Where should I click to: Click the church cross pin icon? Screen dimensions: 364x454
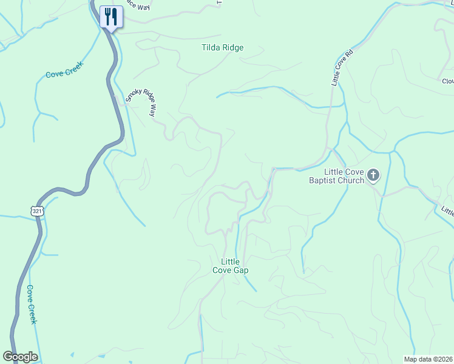click(x=373, y=177)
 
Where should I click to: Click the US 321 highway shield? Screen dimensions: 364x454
click(x=38, y=211)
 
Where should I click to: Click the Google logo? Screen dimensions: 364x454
click(x=20, y=357)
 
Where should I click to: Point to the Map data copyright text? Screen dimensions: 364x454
click(x=428, y=359)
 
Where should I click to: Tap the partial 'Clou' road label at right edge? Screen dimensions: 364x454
click(x=448, y=81)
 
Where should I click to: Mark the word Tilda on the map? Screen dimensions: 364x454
click(x=212, y=47)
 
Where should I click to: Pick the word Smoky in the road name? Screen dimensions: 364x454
click(x=133, y=94)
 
